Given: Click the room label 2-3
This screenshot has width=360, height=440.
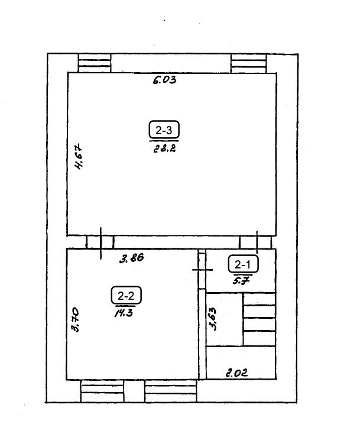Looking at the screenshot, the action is (x=164, y=130).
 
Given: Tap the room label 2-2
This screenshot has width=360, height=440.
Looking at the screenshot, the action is (x=126, y=295).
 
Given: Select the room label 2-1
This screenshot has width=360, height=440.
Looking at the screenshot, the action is (x=243, y=264).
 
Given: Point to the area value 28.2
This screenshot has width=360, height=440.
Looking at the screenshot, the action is (x=165, y=148).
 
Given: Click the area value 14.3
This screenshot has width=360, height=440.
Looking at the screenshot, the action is (x=124, y=313).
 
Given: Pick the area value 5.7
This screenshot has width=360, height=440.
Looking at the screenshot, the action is (x=241, y=280).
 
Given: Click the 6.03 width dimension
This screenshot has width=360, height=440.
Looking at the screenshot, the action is (x=165, y=80).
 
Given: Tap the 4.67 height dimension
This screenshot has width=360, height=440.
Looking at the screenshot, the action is (x=79, y=157).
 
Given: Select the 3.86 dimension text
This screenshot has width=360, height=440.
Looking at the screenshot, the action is (x=132, y=258).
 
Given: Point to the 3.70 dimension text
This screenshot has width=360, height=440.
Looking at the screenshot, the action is (x=75, y=320).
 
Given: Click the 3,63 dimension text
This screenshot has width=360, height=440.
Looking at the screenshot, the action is (x=213, y=319).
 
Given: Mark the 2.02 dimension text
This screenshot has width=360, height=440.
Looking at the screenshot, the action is (x=237, y=373).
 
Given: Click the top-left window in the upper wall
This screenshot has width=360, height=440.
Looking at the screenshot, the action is (x=95, y=63).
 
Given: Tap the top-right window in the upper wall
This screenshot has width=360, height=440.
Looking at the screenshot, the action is (x=249, y=63).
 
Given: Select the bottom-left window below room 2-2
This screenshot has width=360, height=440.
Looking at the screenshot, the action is (x=102, y=391).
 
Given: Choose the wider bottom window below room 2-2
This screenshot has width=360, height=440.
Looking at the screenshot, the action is (x=171, y=391).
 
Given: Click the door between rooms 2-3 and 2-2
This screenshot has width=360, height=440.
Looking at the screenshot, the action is (x=100, y=242).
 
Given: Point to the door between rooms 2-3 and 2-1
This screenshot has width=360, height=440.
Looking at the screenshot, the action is (x=255, y=242).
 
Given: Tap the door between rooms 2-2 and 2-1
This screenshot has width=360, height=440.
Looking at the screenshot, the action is (x=202, y=270).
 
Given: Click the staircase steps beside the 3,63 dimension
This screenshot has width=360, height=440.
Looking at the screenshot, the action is (x=259, y=319).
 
